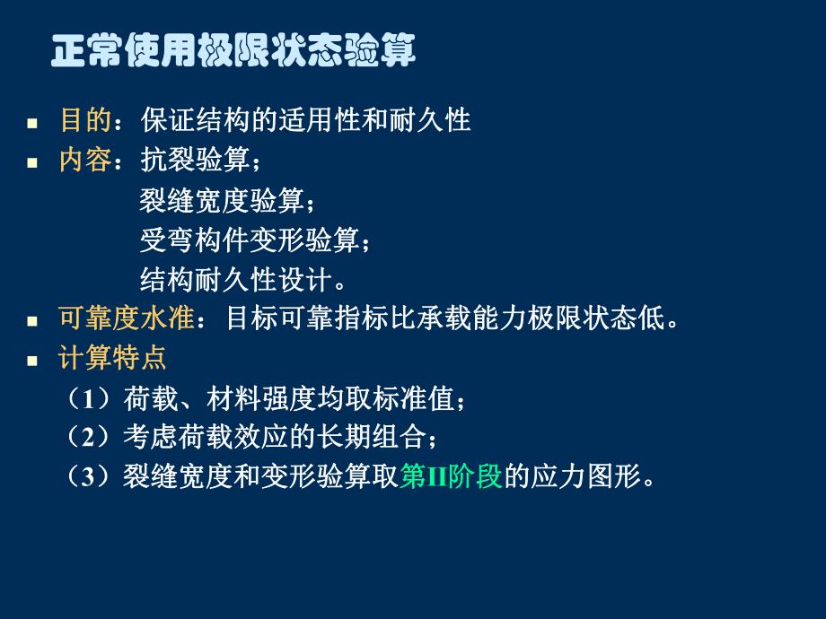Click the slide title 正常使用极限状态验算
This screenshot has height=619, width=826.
pyautogui.click(x=233, y=50)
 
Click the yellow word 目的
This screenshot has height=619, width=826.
pyautogui.click(x=85, y=120)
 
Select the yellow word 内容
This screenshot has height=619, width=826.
pyautogui.click(x=85, y=161)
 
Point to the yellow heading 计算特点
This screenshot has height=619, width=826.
pyautogui.click(x=112, y=359)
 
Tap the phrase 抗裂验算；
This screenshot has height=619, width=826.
pyautogui.click(x=201, y=161)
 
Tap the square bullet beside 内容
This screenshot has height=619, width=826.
pyautogui.click(x=32, y=163)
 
